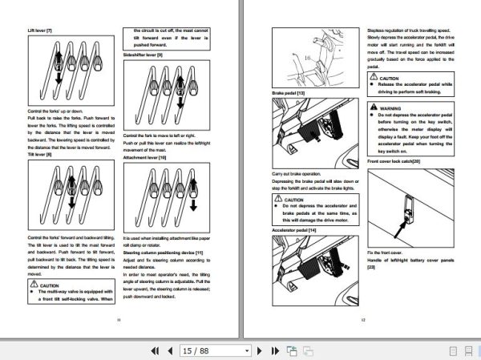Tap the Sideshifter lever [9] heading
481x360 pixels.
[143, 54]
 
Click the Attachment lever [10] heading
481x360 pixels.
[144, 158]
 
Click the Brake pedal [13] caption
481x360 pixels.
[289, 94]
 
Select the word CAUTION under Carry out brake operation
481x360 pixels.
[293, 199]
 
